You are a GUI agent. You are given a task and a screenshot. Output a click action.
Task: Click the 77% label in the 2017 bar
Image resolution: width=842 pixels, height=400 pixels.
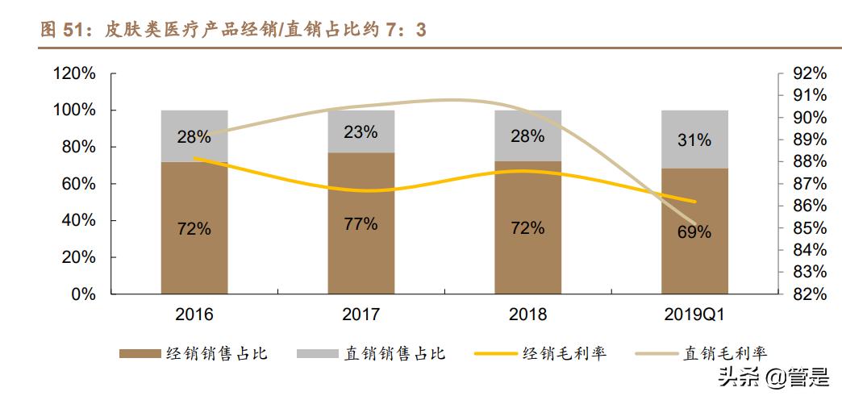(361, 224)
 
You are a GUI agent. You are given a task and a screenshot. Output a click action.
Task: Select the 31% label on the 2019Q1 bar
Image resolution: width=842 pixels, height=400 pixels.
(694, 140)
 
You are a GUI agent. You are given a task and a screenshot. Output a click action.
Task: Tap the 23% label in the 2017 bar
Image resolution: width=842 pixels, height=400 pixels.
(361, 132)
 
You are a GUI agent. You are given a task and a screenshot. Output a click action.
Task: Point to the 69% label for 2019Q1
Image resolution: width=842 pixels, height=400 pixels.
(694, 232)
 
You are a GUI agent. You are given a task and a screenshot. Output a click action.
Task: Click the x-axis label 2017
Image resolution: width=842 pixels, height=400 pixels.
(361, 315)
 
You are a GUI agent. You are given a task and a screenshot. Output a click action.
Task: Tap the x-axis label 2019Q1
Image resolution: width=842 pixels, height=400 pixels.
(694, 315)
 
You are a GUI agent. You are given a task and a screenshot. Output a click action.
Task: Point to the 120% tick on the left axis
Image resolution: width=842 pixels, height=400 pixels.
(74, 73)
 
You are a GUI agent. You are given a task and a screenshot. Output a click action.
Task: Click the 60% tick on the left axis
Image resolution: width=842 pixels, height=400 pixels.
(79, 184)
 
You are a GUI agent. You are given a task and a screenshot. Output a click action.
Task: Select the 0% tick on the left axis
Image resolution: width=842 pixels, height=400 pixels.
(84, 294)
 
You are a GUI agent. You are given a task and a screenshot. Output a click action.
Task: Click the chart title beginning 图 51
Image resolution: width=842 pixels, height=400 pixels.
(233, 30)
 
